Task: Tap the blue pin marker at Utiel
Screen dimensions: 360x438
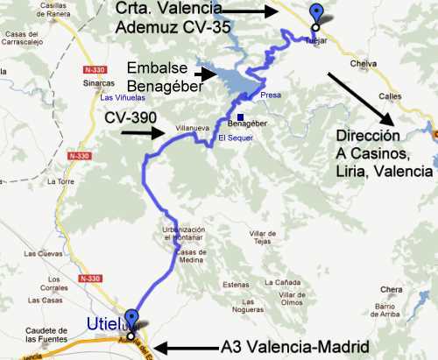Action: point(131,320)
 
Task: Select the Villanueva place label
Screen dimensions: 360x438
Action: point(194,128)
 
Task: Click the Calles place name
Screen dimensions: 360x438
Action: point(407,98)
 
